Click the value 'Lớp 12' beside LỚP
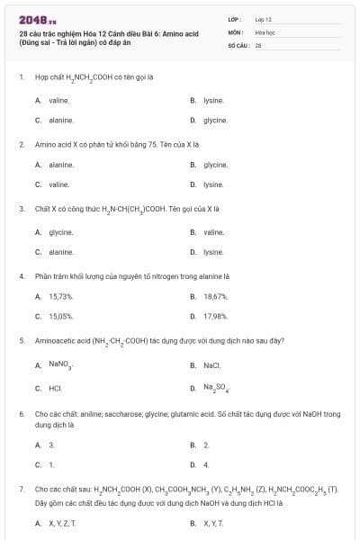[x=264, y=18]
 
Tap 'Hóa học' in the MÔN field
[x=265, y=31]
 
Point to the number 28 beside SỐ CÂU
[x=258, y=44]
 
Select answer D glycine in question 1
[x=214, y=120]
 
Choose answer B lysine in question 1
[x=212, y=100]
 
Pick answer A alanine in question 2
[x=59, y=165]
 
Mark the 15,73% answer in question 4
[x=59, y=296]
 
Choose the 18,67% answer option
[x=215, y=296]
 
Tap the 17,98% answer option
[x=215, y=316]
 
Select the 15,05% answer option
[x=59, y=316]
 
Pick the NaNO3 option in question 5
[x=60, y=364]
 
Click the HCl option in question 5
[x=55, y=387]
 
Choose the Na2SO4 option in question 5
[x=216, y=388]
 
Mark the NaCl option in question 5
[x=211, y=364]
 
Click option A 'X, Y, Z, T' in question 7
[x=62, y=522]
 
